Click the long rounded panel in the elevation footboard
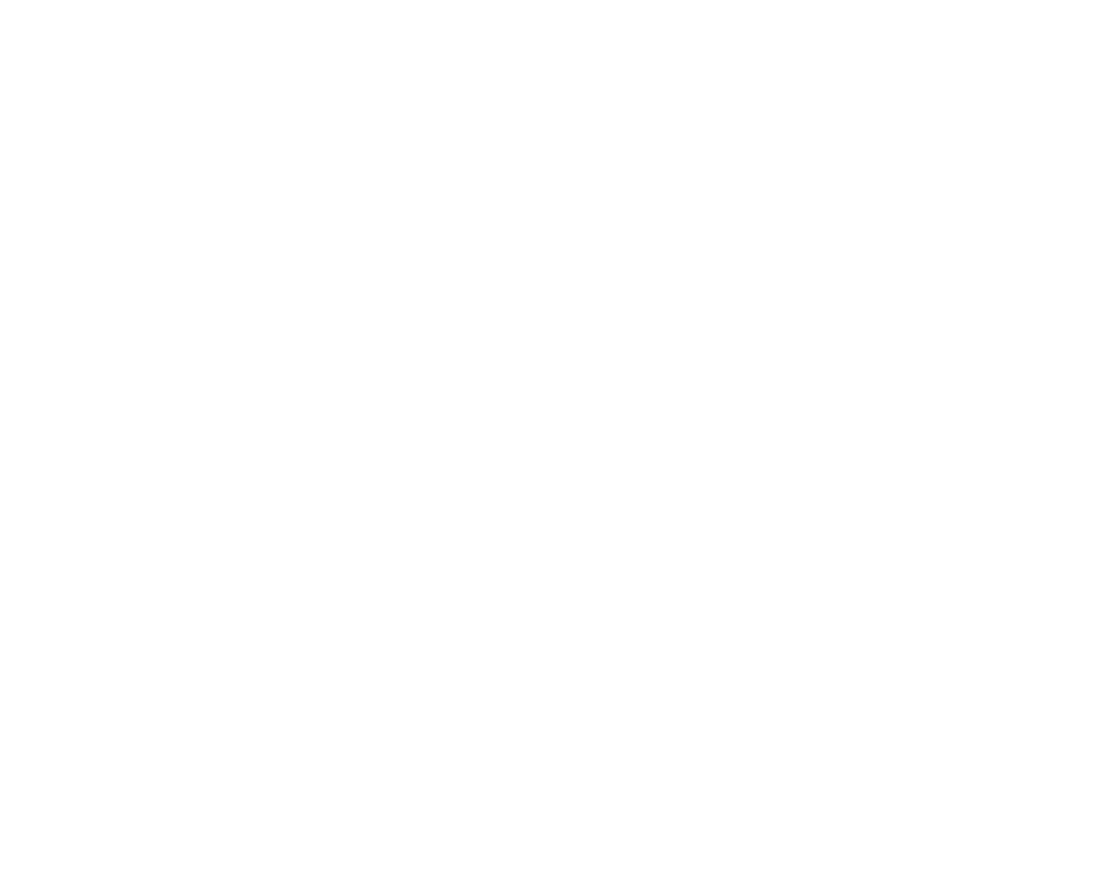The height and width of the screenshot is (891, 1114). [x=408, y=239]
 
